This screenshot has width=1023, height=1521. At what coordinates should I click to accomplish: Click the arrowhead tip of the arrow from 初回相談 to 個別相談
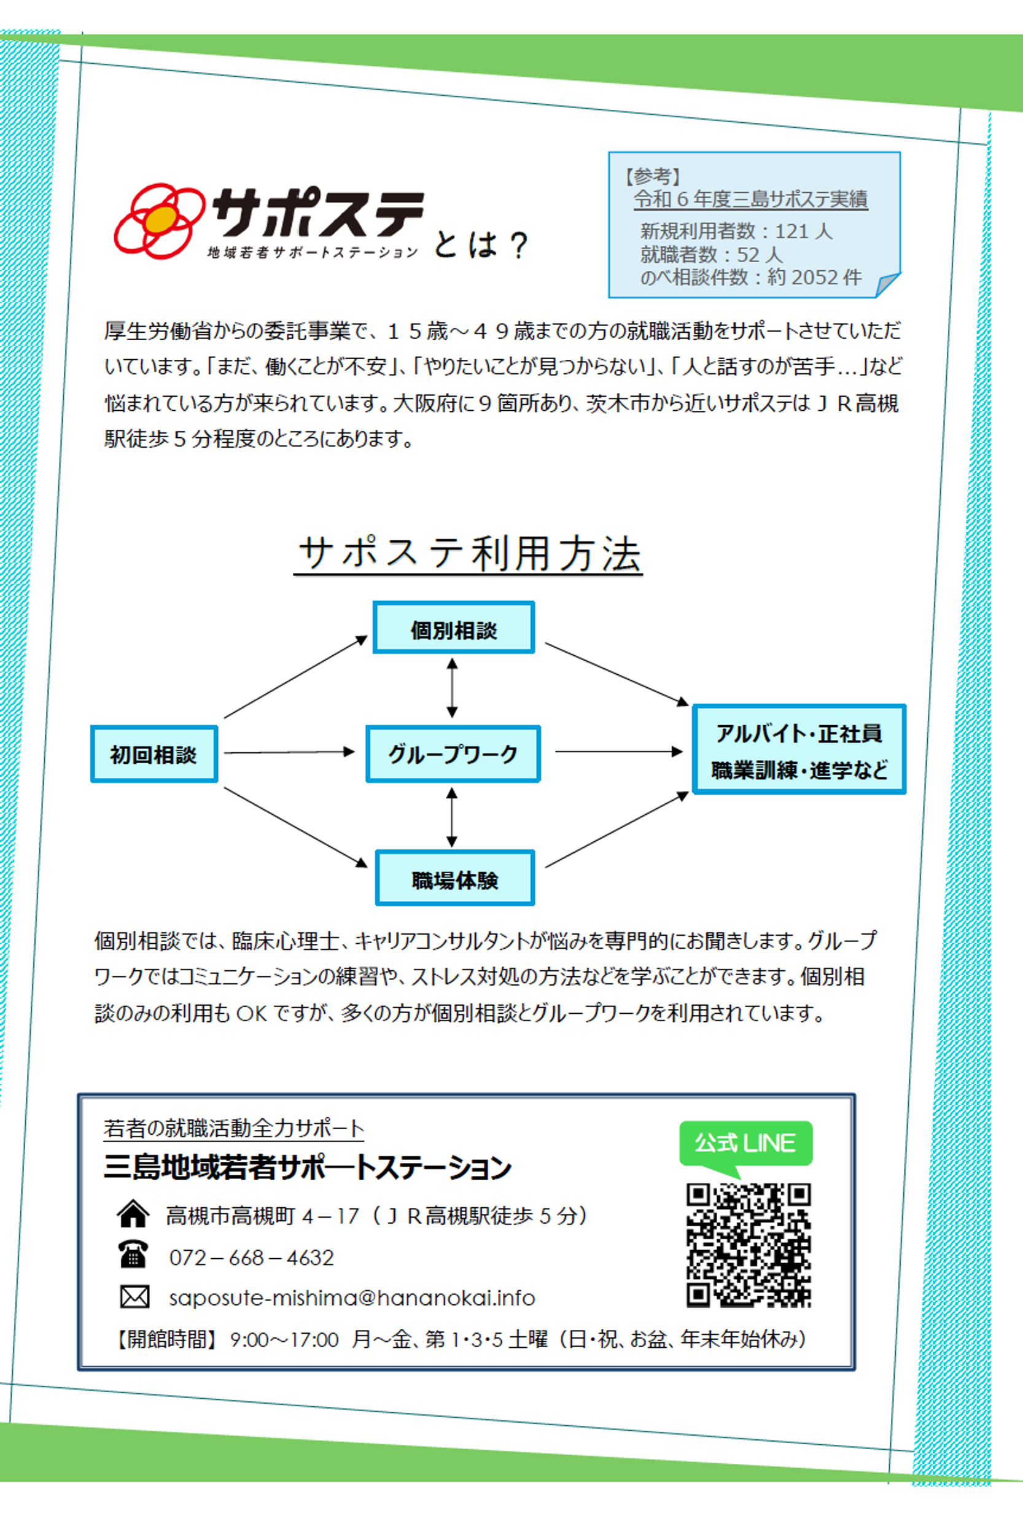(368, 637)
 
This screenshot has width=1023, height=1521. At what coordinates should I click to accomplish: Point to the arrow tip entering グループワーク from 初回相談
(354, 752)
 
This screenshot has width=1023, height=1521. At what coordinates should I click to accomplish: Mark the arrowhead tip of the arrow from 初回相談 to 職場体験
(368, 867)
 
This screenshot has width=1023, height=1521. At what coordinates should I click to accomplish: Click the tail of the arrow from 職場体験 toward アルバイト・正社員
(545, 867)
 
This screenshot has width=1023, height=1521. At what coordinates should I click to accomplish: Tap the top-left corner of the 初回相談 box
(91, 726)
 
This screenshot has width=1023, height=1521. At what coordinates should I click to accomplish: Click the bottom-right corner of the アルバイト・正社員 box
(906, 793)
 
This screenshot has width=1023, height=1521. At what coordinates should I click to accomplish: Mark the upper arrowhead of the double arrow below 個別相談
(451, 659)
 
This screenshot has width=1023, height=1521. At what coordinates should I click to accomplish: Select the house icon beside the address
(133, 1214)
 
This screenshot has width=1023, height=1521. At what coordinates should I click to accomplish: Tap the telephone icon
(133, 1254)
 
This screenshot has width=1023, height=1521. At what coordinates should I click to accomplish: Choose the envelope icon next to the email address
(134, 1297)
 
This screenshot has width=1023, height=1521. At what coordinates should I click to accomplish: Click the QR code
(749, 1245)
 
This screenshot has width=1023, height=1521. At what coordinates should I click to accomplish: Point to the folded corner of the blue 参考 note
(887, 285)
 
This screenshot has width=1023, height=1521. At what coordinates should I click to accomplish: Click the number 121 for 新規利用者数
(792, 231)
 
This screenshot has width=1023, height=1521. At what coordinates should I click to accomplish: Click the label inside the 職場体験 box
(455, 880)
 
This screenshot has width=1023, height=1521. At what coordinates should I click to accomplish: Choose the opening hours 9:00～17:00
(284, 1340)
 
